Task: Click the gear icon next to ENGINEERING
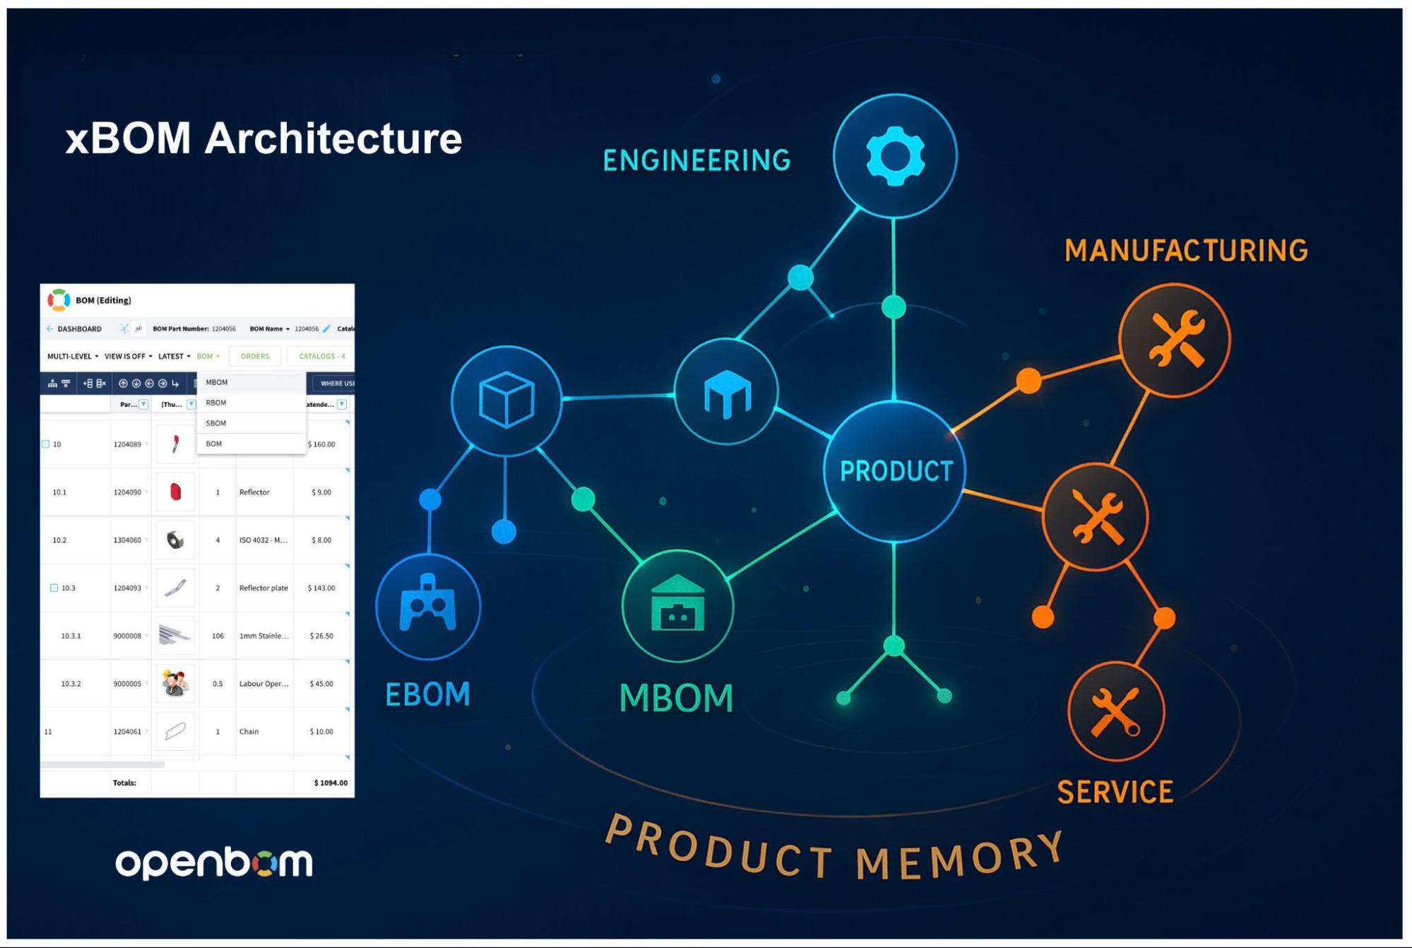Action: click(895, 155)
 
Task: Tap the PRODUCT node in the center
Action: click(896, 471)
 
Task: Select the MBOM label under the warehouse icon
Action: click(676, 698)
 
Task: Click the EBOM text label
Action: click(427, 694)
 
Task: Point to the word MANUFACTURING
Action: click(1186, 251)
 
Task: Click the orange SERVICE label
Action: click(1115, 792)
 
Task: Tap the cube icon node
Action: click(506, 400)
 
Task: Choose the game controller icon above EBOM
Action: click(428, 605)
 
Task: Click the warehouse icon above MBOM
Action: click(677, 605)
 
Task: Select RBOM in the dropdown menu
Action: click(216, 403)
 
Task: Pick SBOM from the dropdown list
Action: click(216, 423)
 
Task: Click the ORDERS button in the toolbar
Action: click(255, 357)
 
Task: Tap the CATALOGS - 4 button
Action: click(321, 357)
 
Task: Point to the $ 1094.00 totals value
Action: click(331, 783)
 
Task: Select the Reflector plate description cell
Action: click(263, 588)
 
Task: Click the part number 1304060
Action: click(127, 540)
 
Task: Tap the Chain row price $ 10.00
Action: click(321, 732)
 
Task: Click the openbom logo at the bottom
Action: click(214, 863)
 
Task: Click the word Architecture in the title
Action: click(333, 138)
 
